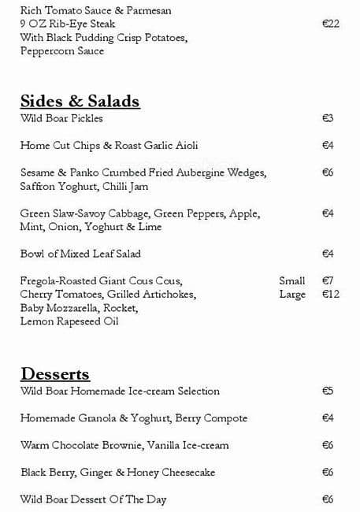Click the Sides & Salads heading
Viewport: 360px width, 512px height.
click(x=80, y=101)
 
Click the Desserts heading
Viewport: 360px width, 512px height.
click(x=55, y=373)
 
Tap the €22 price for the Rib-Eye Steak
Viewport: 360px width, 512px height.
click(x=331, y=24)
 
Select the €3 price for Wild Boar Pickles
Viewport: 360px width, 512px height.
click(x=328, y=118)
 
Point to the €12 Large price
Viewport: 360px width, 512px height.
click(x=331, y=294)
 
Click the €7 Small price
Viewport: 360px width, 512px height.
click(x=328, y=280)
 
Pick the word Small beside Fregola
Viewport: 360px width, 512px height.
click(x=291, y=280)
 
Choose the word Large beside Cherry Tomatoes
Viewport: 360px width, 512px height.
click(x=291, y=294)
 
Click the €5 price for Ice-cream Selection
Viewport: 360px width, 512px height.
click(x=328, y=391)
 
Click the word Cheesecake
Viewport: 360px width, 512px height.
click(x=188, y=472)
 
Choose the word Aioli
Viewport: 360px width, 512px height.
click(x=184, y=146)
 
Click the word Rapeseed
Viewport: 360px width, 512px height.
click(x=80, y=321)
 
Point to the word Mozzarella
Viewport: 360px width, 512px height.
click(x=72, y=308)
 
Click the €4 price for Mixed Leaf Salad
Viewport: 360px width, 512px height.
click(x=328, y=254)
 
